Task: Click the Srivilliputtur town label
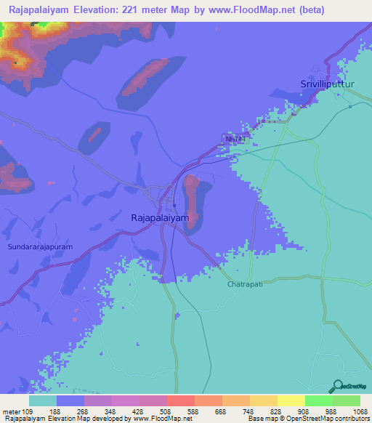(331, 85)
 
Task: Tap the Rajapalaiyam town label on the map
(160, 217)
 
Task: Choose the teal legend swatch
(43, 400)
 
